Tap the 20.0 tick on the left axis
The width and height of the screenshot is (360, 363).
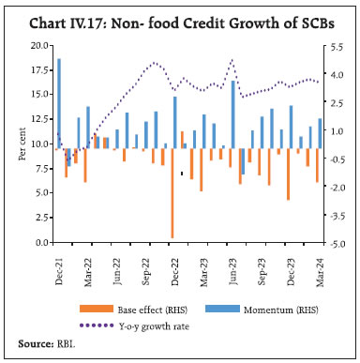(39, 45)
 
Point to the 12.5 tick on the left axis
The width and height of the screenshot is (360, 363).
(39, 119)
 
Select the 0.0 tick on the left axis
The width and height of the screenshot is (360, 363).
(43, 242)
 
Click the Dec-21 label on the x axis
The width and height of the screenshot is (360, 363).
(59, 263)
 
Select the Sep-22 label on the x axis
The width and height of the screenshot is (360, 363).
(144, 263)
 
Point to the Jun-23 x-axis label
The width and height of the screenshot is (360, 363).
(231, 263)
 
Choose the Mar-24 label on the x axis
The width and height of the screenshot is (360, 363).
(318, 263)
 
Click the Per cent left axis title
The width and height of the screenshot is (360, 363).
(22, 144)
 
